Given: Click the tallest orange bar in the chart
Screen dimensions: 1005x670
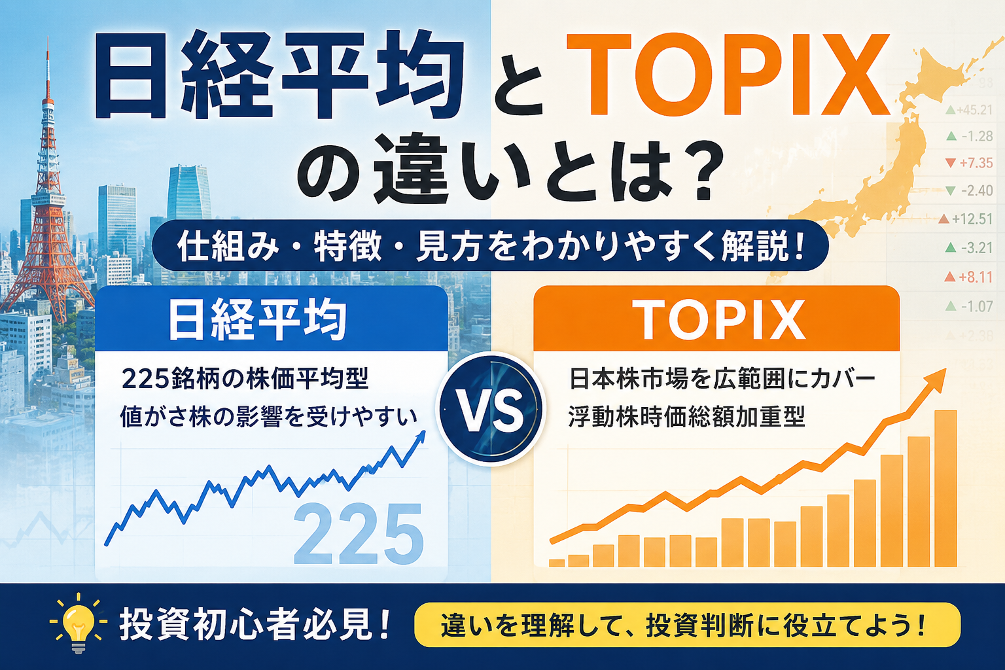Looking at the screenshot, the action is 945,489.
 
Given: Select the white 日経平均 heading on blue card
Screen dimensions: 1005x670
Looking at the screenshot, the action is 258,321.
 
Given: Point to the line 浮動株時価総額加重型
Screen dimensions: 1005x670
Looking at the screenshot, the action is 686,417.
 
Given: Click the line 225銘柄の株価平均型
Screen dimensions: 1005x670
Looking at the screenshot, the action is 245,379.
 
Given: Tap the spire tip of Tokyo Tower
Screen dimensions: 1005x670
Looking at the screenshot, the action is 48,38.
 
